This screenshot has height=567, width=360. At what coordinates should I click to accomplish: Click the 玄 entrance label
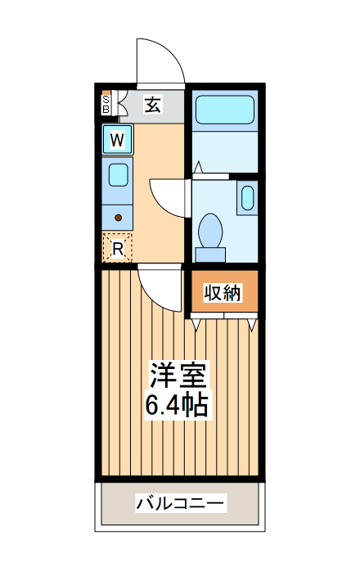153,104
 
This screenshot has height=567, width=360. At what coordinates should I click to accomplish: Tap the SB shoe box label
106,105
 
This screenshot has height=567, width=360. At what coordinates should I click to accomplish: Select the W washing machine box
118,140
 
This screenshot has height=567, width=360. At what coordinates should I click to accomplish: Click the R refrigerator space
118,248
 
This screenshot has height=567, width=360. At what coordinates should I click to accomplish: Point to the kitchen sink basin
119,174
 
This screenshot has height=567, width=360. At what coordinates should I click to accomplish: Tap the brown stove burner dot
119,218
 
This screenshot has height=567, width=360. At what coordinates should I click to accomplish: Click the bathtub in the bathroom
224,109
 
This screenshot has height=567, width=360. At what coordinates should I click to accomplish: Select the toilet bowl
211,231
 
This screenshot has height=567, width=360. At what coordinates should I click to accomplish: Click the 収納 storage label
223,292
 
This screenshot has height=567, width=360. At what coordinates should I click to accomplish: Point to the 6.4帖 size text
177,404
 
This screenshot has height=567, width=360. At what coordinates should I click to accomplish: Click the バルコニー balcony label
180,502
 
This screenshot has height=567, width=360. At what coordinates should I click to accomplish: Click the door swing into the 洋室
160,286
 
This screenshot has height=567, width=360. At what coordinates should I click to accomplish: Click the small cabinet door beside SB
121,105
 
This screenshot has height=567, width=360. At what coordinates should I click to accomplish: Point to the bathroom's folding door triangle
197,168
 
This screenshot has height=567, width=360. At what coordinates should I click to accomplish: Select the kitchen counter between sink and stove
118,196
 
